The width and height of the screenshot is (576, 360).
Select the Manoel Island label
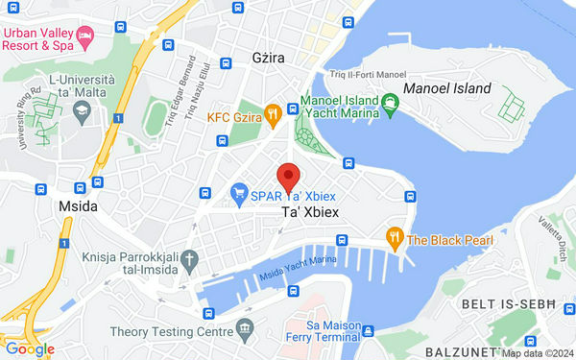click(x=447, y=88)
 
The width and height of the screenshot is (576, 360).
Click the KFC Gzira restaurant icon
click(x=273, y=113)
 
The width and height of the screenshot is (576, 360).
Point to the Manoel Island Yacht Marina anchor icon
click(x=391, y=101)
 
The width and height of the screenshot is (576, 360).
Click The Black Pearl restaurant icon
click(x=394, y=237)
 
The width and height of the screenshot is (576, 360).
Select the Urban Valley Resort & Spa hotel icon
click(x=85, y=38)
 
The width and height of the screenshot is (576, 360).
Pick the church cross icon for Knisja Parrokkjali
click(x=190, y=257)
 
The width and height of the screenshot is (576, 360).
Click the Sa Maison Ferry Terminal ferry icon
click(x=367, y=331)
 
